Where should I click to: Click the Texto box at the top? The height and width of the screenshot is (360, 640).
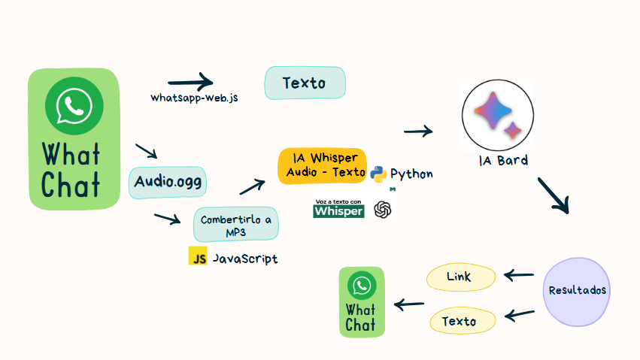point(305,83)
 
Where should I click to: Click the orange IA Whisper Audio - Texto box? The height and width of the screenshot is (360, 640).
point(322,165)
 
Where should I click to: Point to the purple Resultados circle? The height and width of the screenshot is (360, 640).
point(577,291)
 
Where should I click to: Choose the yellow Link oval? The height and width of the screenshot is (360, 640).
point(460,277)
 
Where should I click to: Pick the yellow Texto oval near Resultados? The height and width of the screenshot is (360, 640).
point(460,322)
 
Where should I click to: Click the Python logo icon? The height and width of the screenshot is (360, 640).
point(378,174)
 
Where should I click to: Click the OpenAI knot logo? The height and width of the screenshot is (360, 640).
point(383,209)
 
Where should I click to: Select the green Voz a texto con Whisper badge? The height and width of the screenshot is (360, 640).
point(338,208)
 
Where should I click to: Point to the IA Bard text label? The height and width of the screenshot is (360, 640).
point(503,160)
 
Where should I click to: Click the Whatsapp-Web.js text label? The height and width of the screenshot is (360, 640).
point(194,98)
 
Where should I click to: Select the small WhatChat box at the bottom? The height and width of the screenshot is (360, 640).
point(361,301)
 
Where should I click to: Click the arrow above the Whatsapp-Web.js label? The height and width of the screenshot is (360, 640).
point(190,82)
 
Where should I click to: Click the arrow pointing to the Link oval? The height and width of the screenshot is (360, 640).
point(518,276)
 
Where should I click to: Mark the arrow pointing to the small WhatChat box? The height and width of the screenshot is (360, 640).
point(410,304)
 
